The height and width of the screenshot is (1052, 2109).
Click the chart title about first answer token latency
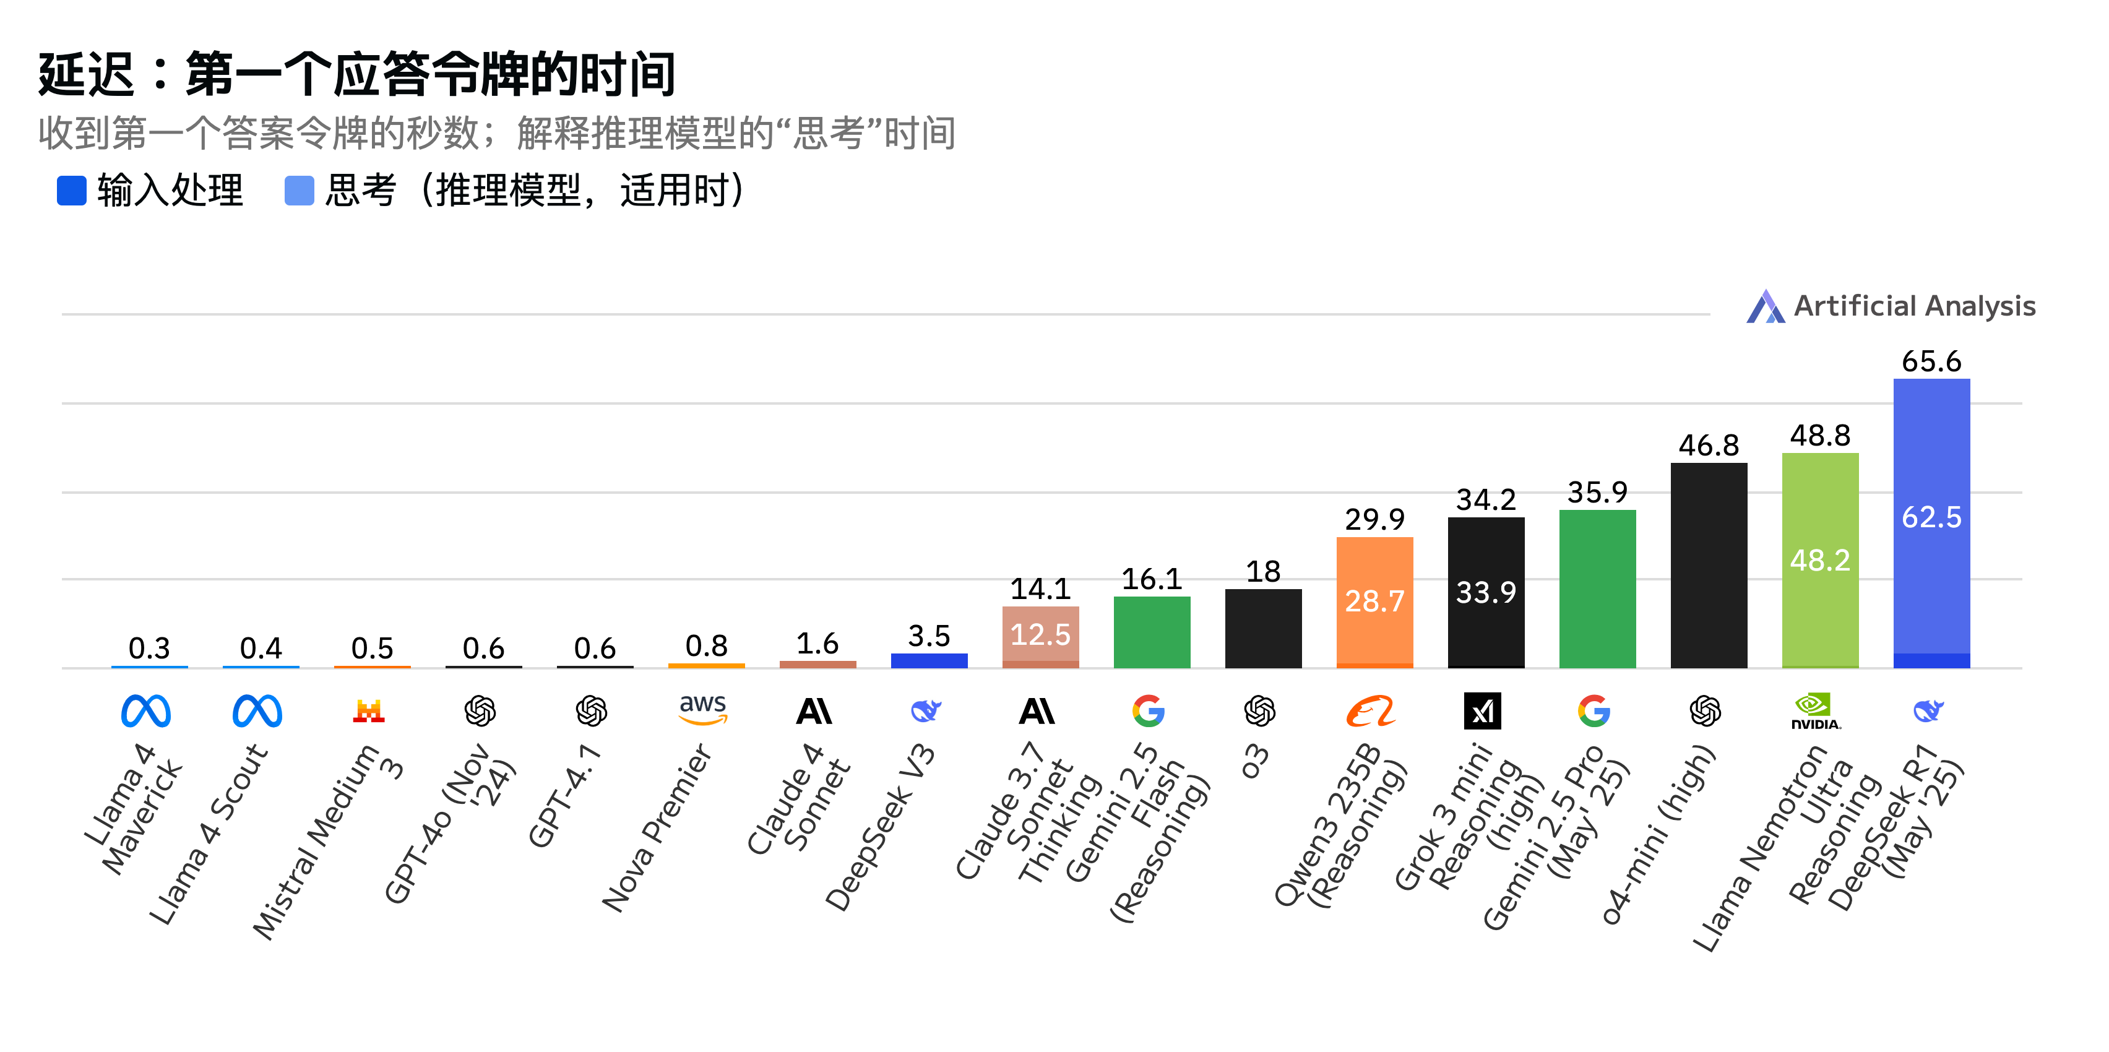coord(357,74)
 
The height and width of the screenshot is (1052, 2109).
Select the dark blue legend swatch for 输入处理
coord(71,191)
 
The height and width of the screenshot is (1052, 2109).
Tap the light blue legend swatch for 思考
coord(299,191)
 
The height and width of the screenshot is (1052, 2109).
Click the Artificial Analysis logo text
coord(1913,306)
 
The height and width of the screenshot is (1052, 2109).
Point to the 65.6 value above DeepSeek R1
coord(1931,361)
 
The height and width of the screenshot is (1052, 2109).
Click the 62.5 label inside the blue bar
coord(1931,517)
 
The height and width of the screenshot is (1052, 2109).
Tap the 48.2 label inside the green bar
coord(1819,561)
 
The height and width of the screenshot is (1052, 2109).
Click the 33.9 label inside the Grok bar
coord(1485,592)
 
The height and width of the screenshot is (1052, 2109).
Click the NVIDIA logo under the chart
coord(1815,712)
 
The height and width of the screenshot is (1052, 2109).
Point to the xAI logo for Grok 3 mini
coord(1482,710)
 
